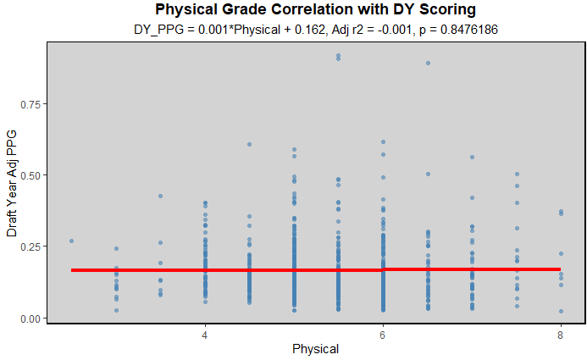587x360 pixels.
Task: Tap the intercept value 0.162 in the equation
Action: pos(321,30)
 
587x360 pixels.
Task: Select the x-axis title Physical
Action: pos(315,349)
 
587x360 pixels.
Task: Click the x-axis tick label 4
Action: pos(205,334)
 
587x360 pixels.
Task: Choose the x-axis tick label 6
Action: pos(383,334)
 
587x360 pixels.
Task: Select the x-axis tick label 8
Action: pos(560,334)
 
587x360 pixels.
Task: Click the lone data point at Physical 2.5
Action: pos(72,241)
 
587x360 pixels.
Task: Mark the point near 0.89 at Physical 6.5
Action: pos(428,63)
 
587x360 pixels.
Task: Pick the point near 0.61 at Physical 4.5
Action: pos(249,144)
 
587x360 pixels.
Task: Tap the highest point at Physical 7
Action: pos(472,157)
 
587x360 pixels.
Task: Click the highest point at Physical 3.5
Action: pos(160,197)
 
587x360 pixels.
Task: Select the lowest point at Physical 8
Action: pos(561,311)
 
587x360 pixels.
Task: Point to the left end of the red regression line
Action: pos(73,270)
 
